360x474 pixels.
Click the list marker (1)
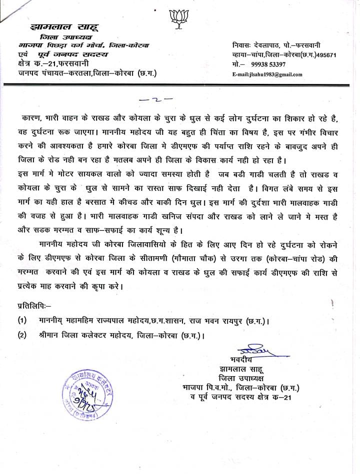point(22,320)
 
